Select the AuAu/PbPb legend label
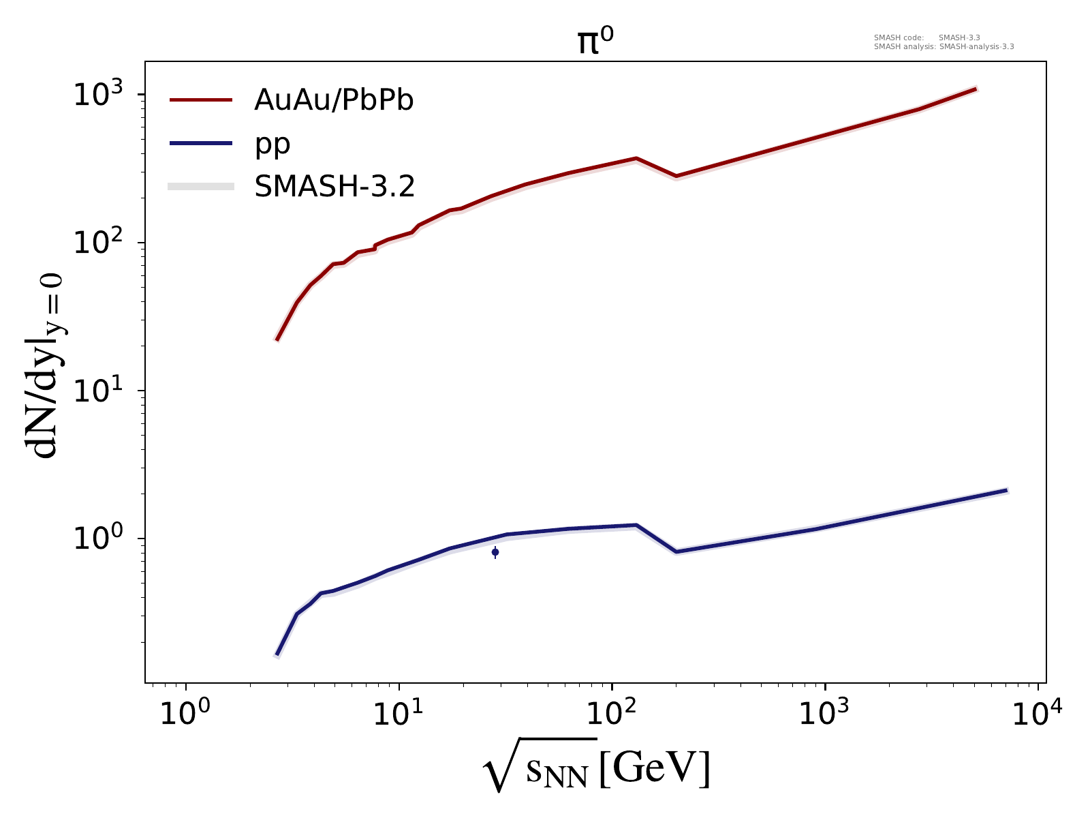tap(334, 100)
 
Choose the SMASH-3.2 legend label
tap(334, 186)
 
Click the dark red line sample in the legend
tap(202, 100)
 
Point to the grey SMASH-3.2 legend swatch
tap(202, 186)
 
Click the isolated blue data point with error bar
tap(495, 552)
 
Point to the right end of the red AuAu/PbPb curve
tap(976, 89)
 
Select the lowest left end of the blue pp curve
tap(277, 655)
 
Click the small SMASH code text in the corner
tap(944, 42)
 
